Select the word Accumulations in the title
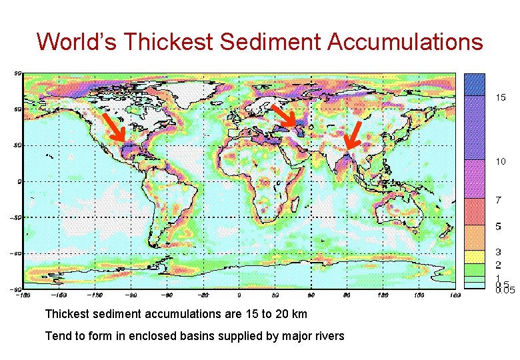point(405,41)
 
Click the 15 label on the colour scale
point(500,97)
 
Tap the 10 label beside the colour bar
point(500,161)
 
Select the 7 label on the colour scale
point(497,200)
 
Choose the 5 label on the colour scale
point(497,227)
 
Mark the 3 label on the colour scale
point(497,253)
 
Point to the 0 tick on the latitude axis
point(18,181)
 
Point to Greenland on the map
point(193,90)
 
